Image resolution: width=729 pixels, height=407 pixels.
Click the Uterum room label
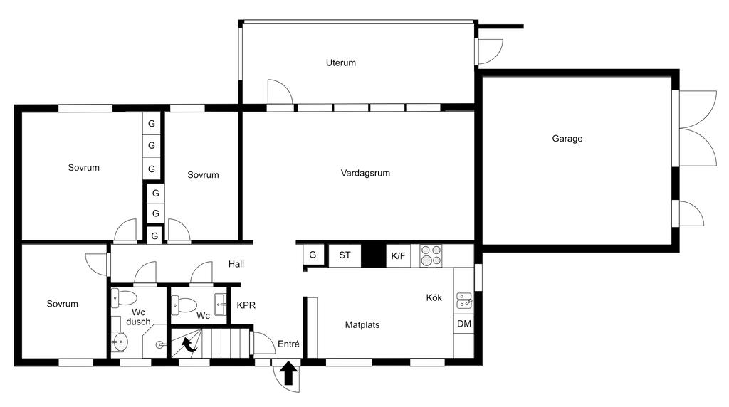click(340, 63)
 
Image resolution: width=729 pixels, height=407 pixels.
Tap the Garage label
click(567, 139)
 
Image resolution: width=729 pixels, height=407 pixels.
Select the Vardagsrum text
click(365, 173)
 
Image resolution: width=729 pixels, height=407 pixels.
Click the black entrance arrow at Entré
click(288, 374)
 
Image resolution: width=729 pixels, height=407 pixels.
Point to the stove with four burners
click(431, 255)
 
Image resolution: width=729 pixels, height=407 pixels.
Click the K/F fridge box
click(397, 255)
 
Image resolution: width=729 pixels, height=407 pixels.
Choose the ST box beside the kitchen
click(345, 255)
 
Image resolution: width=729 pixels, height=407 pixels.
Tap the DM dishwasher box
click(463, 324)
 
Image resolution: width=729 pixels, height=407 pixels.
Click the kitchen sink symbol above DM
click(463, 299)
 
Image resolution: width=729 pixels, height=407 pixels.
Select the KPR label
click(246, 306)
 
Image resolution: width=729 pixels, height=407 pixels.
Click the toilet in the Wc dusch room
click(127, 298)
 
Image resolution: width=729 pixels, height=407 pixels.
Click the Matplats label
click(362, 325)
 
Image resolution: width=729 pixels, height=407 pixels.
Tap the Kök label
click(434, 297)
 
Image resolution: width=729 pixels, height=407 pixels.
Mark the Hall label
click(236, 264)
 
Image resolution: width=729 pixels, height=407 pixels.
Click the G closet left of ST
click(313, 255)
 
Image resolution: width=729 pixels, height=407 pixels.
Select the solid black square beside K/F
click(372, 255)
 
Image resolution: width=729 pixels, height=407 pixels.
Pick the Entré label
click(288, 344)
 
